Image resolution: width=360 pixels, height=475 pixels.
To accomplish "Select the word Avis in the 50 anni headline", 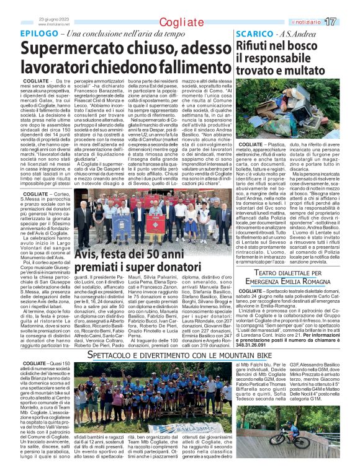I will (x=88, y=254).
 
